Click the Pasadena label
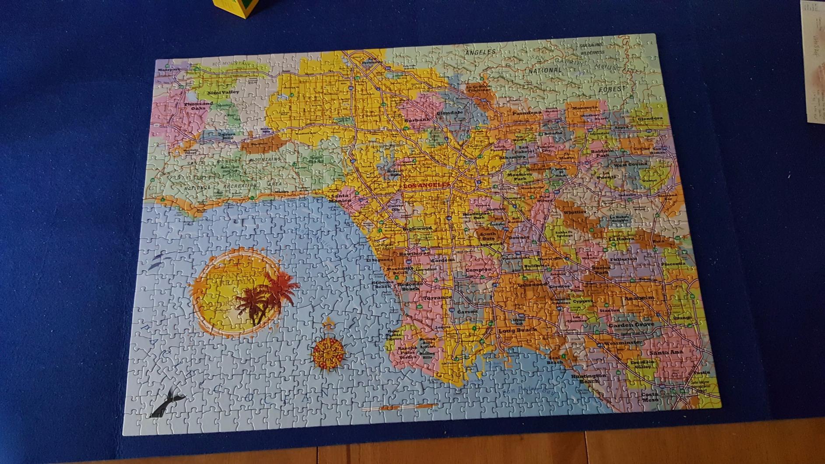527,112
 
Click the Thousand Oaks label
198,105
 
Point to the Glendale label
449,112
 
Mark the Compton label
478,270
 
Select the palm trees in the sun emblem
265,295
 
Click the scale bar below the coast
399,408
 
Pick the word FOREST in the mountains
612,89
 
